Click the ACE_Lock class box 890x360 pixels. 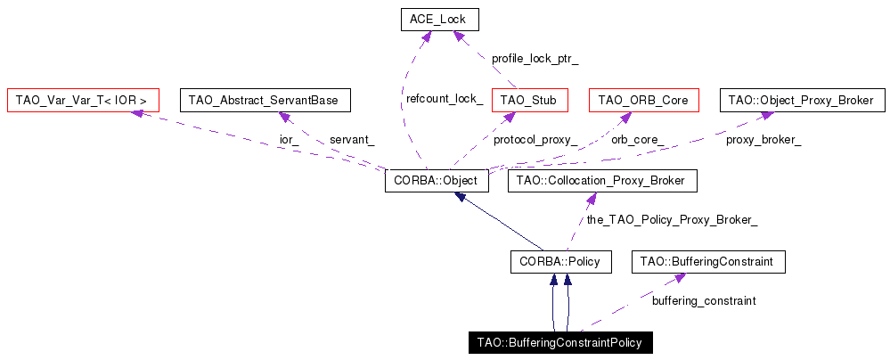[438, 19]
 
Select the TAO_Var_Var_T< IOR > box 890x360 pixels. [81, 100]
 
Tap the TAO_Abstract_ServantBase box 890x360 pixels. [265, 100]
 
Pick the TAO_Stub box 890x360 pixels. [528, 100]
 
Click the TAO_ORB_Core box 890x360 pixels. [643, 100]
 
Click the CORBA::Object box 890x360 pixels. [437, 181]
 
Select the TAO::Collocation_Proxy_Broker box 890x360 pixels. [601, 181]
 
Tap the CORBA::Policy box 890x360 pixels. [560, 262]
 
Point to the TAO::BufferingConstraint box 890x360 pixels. [708, 262]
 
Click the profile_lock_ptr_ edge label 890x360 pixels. [535, 59]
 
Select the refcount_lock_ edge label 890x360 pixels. [445, 99]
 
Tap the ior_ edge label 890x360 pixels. [290, 140]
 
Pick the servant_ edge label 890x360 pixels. [352, 140]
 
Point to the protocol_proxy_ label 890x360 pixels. [535, 140]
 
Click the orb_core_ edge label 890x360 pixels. [637, 140]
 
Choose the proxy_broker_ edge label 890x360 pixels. [763, 140]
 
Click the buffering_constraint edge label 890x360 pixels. [704, 301]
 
